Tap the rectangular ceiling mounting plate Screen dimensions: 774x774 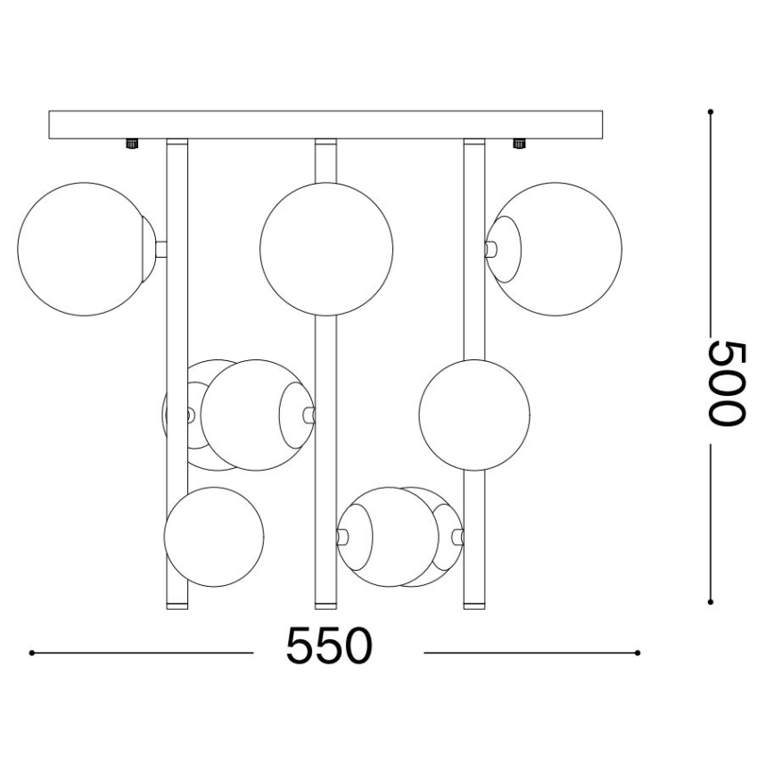coord(326,124)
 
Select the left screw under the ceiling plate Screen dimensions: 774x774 coord(132,143)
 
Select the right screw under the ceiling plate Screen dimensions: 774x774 coord(517,143)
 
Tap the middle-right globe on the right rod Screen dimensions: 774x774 coord(474,414)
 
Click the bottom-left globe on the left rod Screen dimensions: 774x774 coord(215,536)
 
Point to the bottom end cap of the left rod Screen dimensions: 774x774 coord(177,605)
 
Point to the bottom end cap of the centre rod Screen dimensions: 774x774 coord(325,605)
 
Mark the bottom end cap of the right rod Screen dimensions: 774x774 coord(473,605)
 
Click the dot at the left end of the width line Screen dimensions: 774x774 coord(31,654)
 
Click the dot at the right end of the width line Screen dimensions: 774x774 coord(637,654)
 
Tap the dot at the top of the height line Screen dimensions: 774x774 coord(710,112)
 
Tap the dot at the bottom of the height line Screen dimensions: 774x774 coord(710,601)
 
